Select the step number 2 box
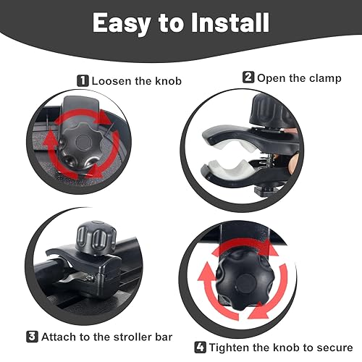(x=248, y=76)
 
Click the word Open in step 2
(x=271, y=76)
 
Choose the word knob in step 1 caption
(x=164, y=80)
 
